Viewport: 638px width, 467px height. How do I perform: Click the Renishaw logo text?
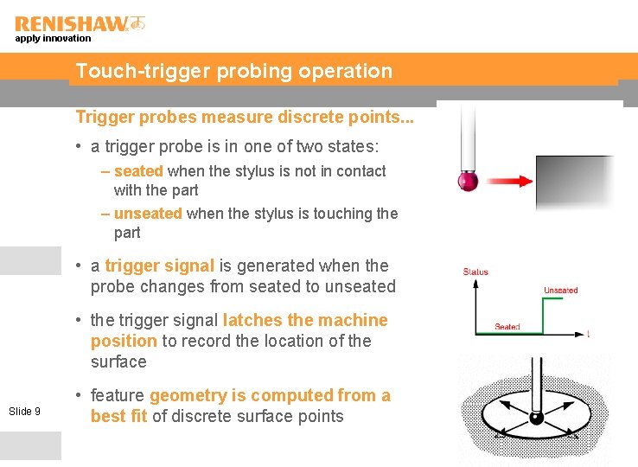[71, 24]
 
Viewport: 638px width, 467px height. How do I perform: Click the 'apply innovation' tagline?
[53, 38]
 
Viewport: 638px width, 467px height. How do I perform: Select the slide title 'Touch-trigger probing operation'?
[233, 71]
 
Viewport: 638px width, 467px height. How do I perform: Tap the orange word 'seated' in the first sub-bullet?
[138, 171]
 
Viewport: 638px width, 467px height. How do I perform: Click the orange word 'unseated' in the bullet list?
[148, 213]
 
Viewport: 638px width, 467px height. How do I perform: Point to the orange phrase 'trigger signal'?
[159, 265]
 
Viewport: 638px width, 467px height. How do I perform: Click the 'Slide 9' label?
[24, 411]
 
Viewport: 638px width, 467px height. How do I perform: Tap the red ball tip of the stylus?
[468, 182]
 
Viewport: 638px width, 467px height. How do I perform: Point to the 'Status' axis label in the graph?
[475, 272]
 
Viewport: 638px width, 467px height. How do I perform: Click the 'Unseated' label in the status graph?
[560, 290]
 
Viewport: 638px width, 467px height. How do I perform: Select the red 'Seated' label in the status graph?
[507, 327]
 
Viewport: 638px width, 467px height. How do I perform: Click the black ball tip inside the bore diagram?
[536, 419]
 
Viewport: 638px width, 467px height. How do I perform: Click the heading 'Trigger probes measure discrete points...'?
[245, 117]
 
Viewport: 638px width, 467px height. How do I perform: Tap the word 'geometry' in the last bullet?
[188, 395]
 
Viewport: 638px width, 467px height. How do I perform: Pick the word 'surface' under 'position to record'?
[118, 361]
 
